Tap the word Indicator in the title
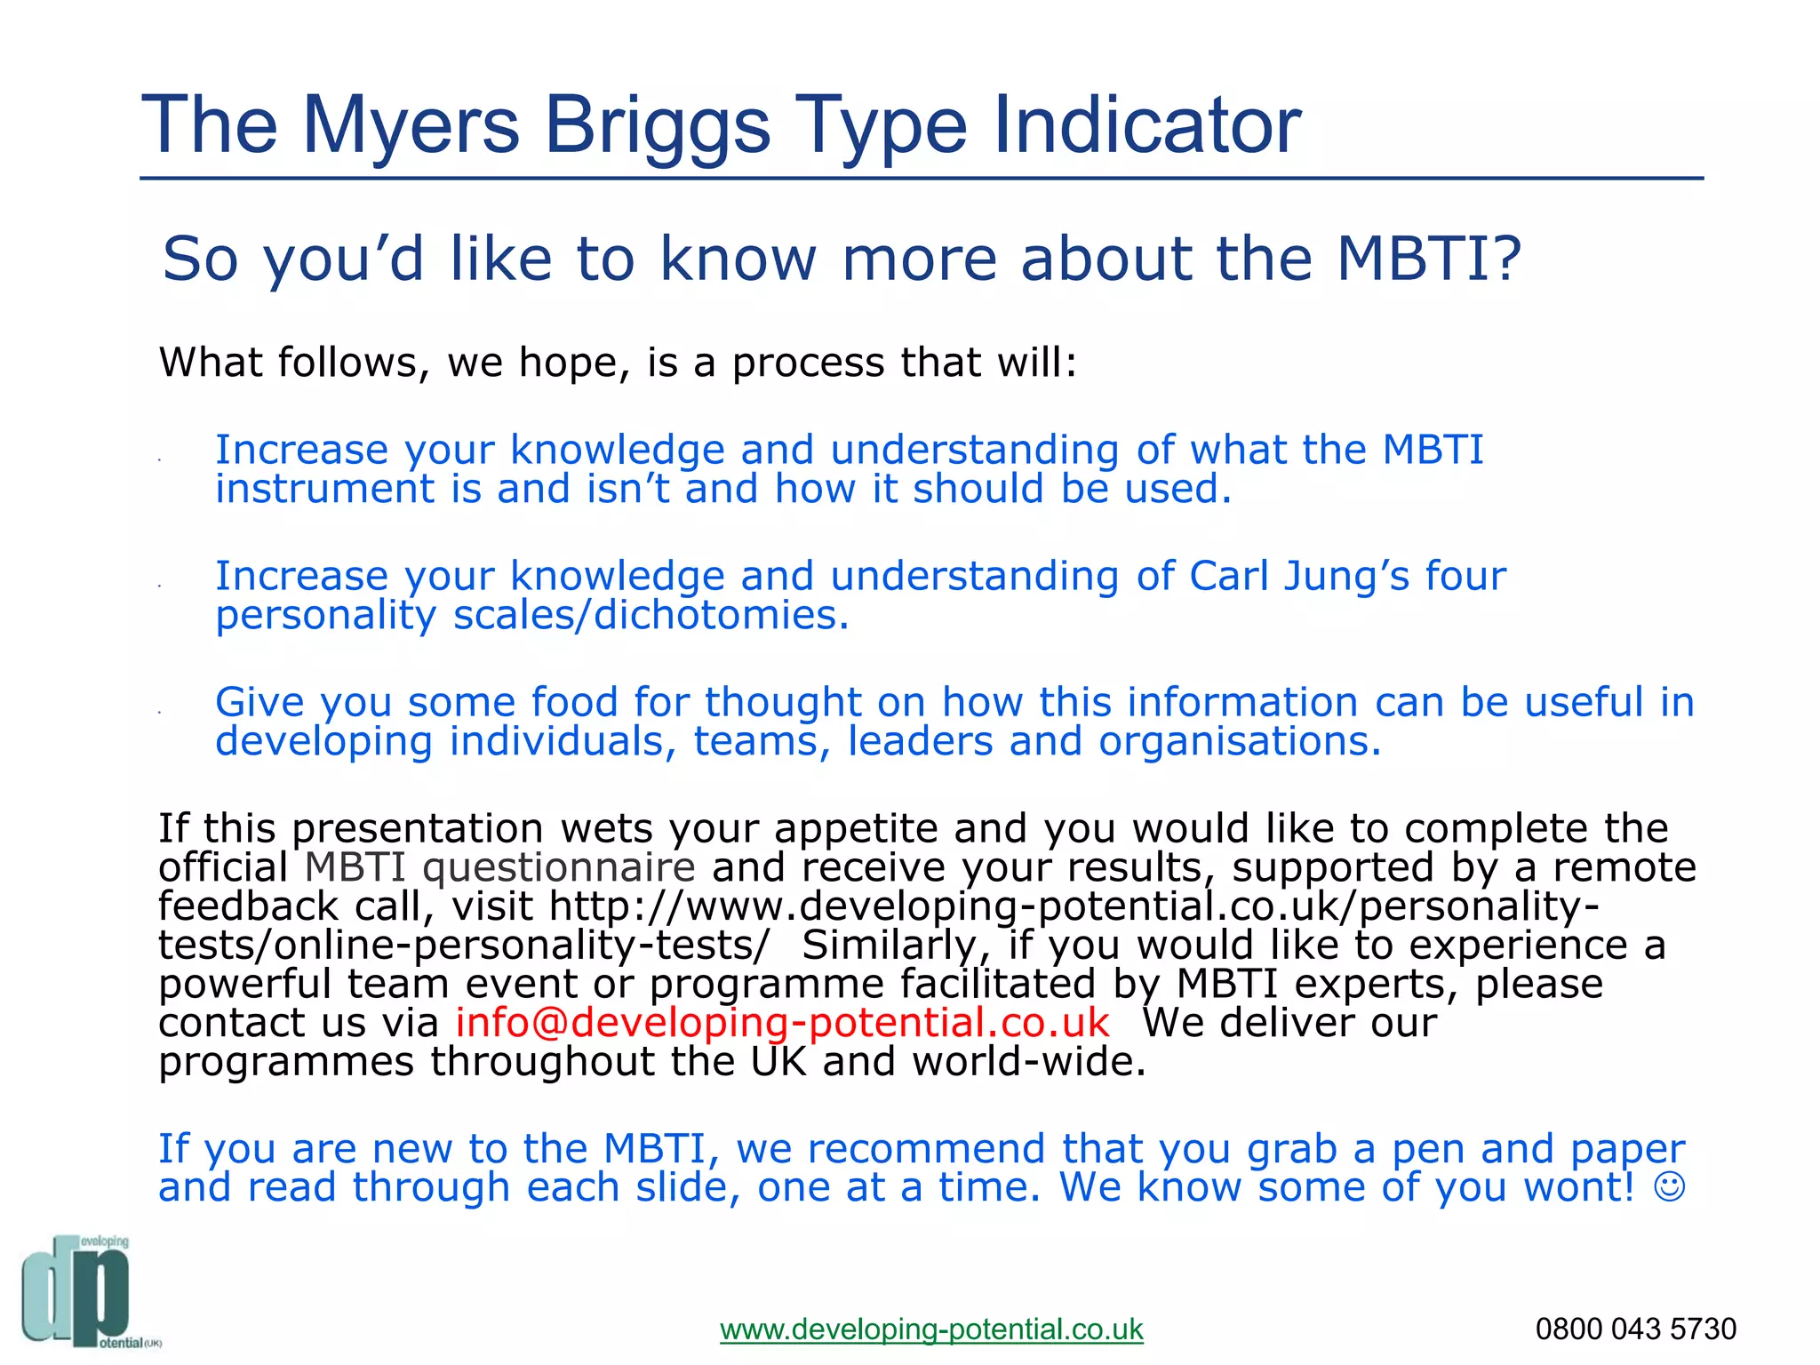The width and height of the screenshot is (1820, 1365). point(1146,124)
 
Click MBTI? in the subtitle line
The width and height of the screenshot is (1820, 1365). point(1429,259)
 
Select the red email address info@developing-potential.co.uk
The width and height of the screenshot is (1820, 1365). point(782,1023)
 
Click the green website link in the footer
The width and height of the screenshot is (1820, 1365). point(931,1329)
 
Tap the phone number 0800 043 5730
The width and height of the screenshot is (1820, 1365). point(1635,1329)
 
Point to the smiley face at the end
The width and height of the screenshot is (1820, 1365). point(1670,1187)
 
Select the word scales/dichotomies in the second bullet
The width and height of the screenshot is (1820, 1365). point(651,615)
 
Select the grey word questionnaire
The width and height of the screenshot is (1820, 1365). point(558,867)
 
